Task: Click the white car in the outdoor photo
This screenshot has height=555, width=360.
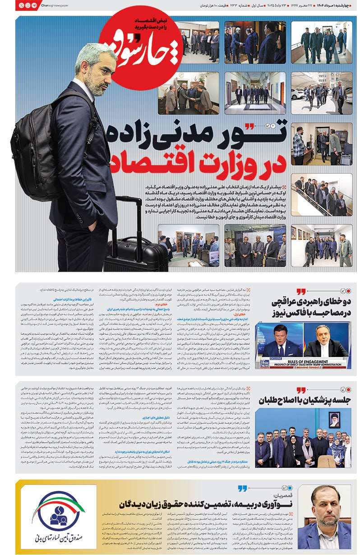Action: click(x=298, y=93)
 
